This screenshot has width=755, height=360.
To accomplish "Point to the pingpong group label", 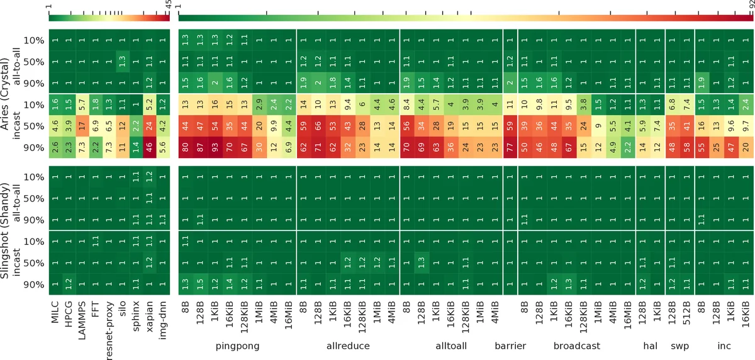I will [x=237, y=346].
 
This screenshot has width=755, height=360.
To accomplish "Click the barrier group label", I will [x=510, y=346].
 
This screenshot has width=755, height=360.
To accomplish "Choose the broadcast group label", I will [x=577, y=346].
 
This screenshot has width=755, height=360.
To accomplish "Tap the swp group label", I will [x=678, y=346].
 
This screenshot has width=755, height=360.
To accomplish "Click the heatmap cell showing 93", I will [x=215, y=149].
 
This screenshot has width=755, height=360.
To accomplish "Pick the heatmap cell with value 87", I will [x=199, y=149].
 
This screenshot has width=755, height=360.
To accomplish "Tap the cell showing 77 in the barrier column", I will [x=510, y=149].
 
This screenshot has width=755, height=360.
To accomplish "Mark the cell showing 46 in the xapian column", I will [x=148, y=149].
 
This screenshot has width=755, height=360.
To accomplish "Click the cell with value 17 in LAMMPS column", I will [x=82, y=127].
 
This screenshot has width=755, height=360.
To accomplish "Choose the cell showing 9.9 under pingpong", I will [x=274, y=127].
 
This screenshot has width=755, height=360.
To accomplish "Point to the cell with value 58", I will [x=686, y=149].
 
